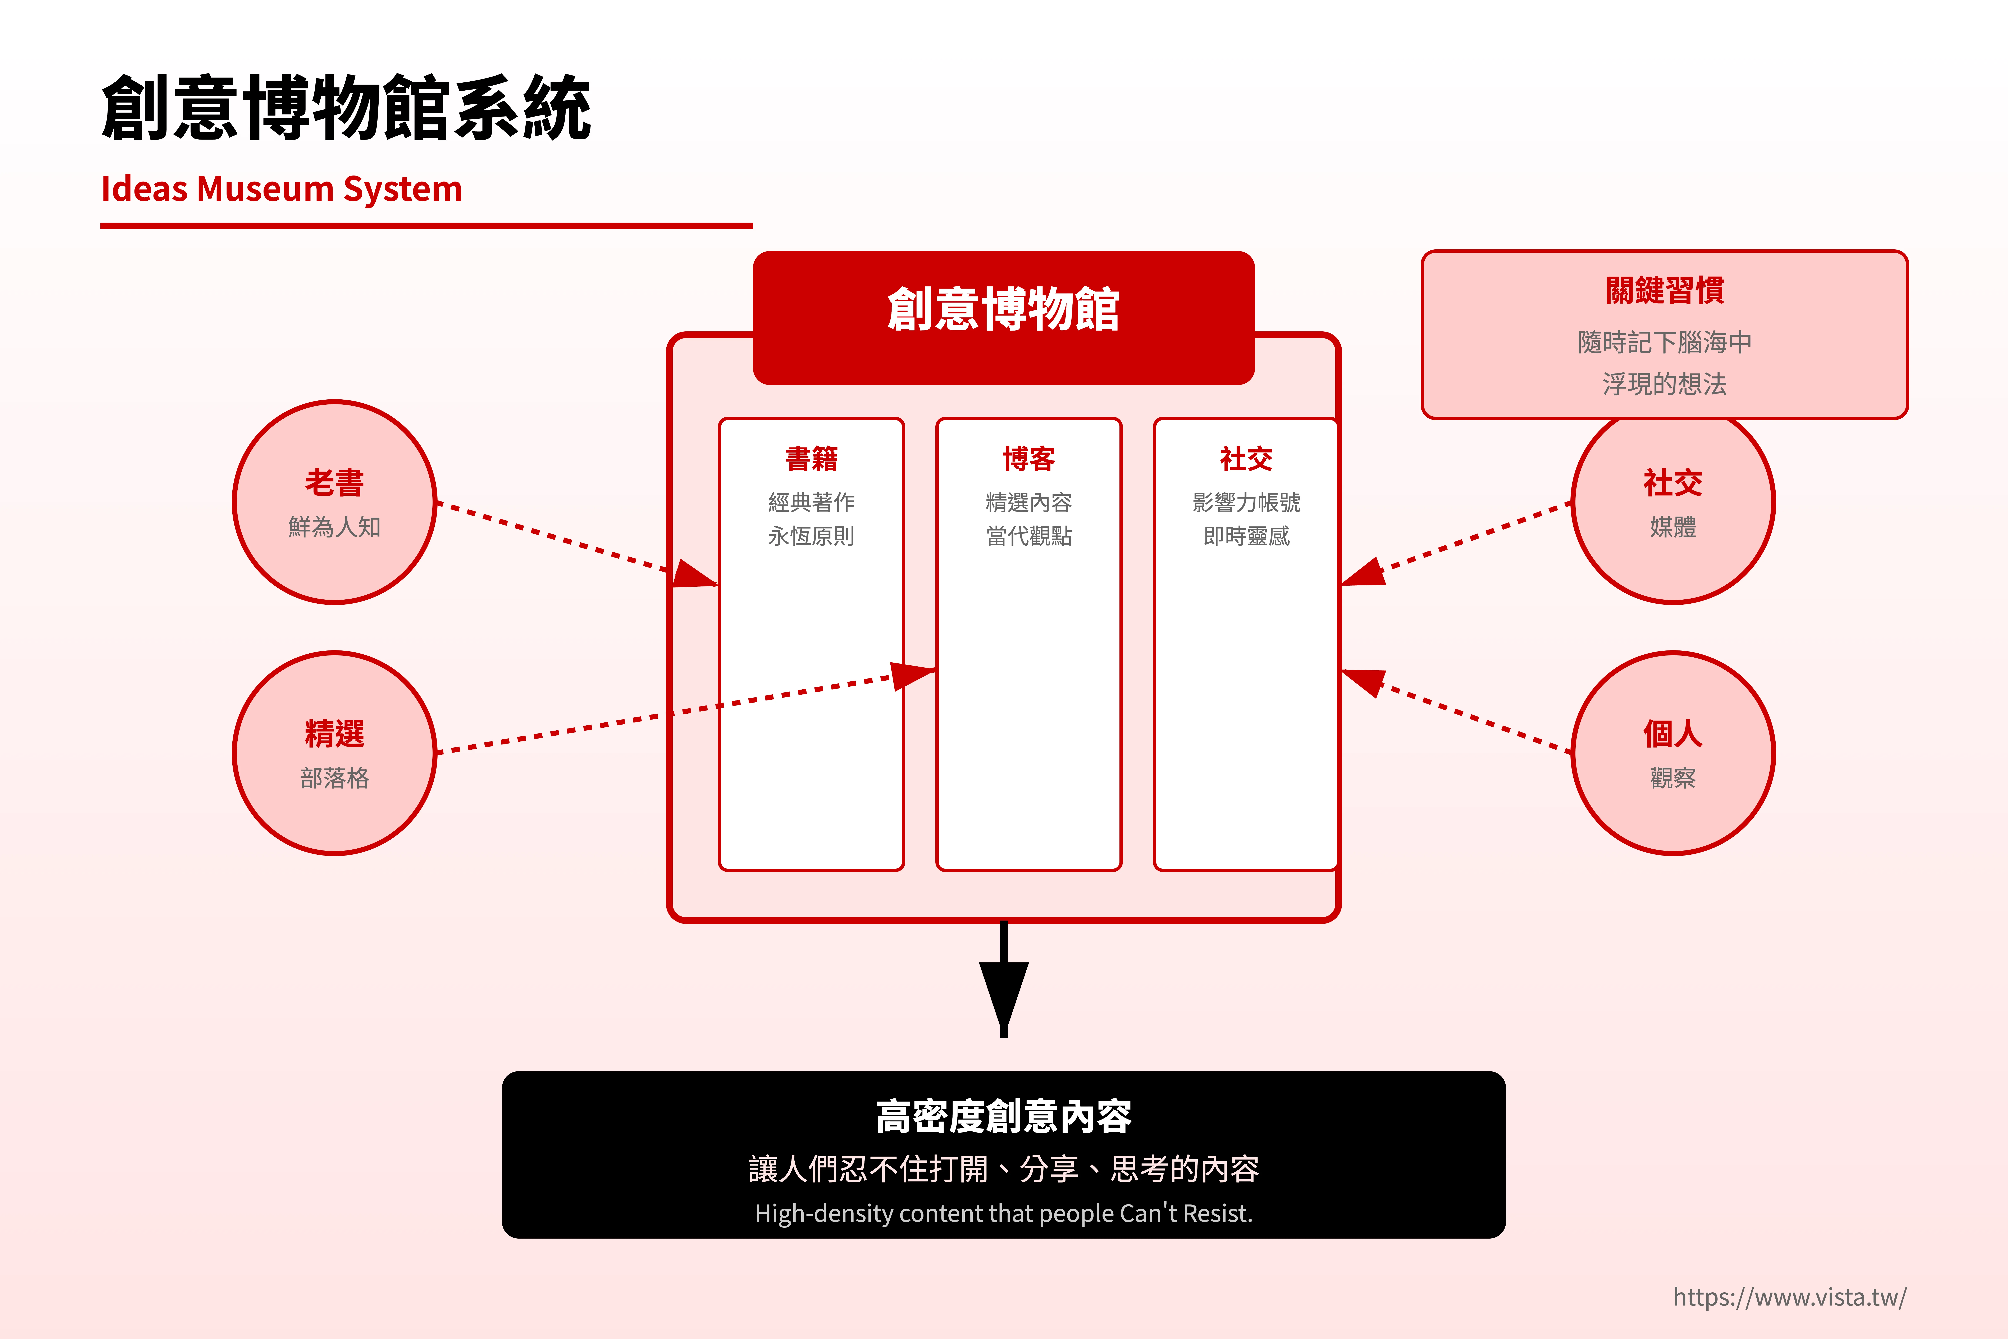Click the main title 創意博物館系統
point(346,108)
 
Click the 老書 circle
point(335,502)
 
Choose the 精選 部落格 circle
point(335,753)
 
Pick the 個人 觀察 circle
point(1672,753)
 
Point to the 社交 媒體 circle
point(1672,502)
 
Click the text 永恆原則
point(811,536)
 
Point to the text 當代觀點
point(1029,536)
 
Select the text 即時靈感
point(1246,536)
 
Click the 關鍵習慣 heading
point(1664,290)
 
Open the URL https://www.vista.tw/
point(1789,1297)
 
